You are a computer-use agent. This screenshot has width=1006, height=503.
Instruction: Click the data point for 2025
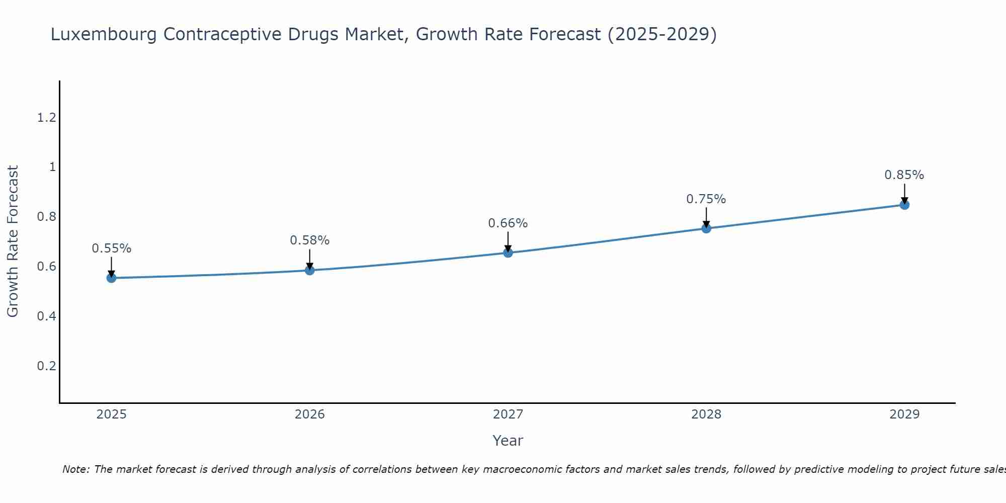[111, 278]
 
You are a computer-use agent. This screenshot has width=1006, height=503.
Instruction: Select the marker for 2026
[309, 270]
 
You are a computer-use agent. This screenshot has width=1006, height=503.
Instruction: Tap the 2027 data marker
[508, 253]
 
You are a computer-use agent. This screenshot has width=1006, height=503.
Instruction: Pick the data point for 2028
[706, 228]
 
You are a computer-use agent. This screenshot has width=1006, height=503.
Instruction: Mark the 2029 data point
[904, 205]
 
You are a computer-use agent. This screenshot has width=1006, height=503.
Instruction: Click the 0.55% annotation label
[111, 248]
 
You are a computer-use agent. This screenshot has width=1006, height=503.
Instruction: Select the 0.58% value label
[309, 240]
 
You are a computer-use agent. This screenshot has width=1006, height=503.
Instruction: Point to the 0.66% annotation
[508, 223]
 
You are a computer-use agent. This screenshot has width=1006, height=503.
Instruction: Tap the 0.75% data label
[706, 199]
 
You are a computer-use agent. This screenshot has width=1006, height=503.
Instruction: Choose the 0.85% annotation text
[904, 175]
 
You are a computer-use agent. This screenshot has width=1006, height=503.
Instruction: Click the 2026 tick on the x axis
[309, 414]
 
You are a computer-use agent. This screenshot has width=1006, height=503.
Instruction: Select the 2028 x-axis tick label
[706, 414]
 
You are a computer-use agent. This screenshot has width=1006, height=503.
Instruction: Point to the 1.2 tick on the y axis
[46, 118]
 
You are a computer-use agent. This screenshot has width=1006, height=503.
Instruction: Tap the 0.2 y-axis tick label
[46, 366]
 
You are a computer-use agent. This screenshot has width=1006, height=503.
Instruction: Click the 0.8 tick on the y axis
[46, 217]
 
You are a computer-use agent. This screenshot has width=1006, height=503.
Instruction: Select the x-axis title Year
[508, 441]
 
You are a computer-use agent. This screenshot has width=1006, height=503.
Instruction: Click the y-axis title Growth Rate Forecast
[13, 241]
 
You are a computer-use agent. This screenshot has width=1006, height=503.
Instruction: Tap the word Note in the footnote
[75, 469]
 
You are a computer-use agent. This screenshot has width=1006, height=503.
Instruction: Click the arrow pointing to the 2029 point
[904, 193]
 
